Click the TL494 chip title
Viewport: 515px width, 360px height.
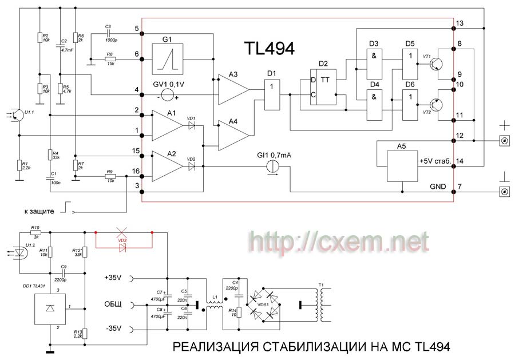pos(269,48)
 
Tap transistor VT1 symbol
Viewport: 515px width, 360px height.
pos(437,64)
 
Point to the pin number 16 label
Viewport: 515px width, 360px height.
pos(136,171)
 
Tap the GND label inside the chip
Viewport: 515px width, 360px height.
pos(433,185)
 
